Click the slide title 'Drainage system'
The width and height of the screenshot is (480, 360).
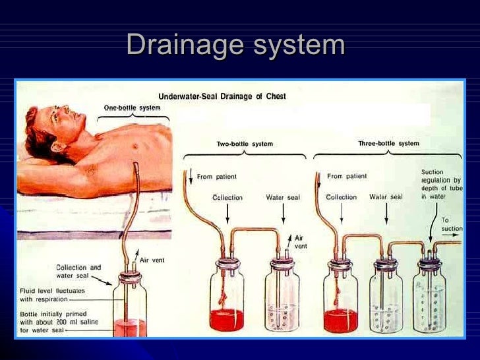235,45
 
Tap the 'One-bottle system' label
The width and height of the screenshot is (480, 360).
132,107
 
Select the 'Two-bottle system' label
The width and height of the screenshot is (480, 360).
245,144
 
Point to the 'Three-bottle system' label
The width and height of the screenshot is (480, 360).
388,143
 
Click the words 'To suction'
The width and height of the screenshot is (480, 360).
452,225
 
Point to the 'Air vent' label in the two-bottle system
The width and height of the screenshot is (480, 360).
299,242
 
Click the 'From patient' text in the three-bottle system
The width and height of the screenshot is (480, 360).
347,176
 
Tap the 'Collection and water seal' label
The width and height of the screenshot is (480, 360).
78,271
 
